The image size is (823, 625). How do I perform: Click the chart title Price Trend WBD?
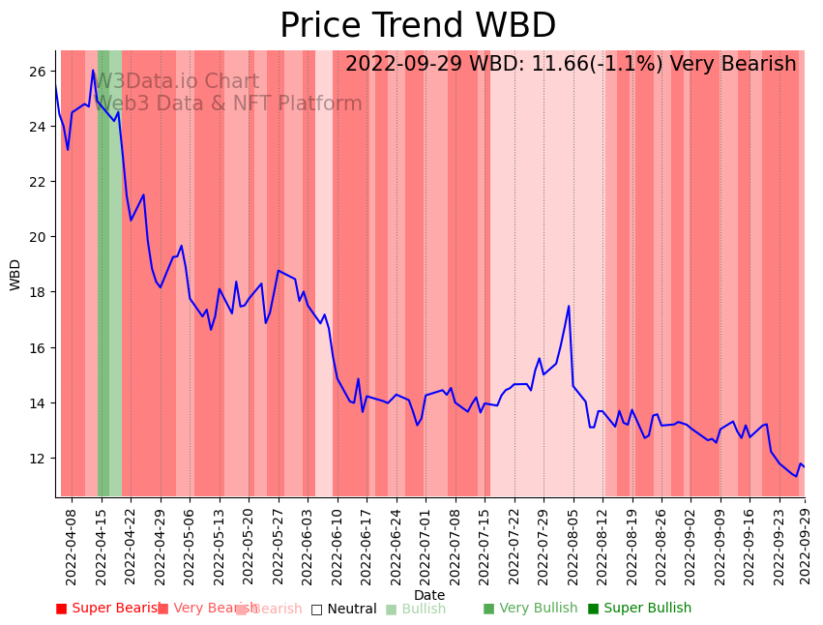click(x=418, y=26)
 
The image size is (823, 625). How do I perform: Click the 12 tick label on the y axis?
click(x=38, y=458)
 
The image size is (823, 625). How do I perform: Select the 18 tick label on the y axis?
click(x=38, y=292)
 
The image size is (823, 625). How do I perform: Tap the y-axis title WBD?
click(x=15, y=275)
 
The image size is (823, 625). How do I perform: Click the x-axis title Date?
click(x=429, y=595)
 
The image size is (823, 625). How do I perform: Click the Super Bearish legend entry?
click(x=109, y=609)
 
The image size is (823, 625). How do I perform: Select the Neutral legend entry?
click(x=343, y=609)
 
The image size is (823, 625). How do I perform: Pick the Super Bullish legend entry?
click(x=639, y=609)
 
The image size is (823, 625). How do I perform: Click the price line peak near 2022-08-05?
click(x=569, y=307)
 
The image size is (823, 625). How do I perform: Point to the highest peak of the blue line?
click(x=94, y=71)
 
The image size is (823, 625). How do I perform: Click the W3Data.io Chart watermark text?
click(x=177, y=82)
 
